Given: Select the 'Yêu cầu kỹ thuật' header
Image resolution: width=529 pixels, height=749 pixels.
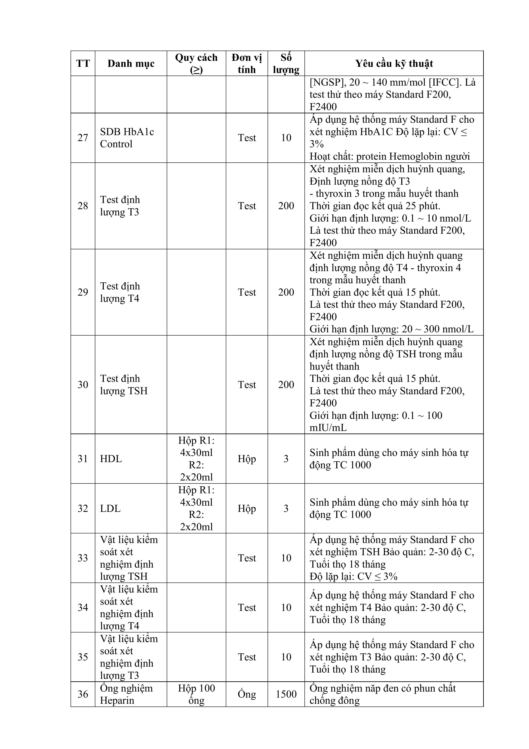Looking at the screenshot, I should (x=394, y=64).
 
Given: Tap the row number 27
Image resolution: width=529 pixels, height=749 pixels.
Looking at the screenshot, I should (x=83, y=138).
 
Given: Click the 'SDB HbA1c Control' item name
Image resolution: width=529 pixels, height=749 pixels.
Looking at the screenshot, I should (x=127, y=138).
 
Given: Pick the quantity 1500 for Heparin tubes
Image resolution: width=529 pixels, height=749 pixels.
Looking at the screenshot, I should (x=286, y=694).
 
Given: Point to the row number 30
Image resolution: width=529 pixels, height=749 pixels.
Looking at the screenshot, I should (x=83, y=385).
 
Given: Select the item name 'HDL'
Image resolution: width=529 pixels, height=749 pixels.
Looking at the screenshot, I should (x=111, y=459).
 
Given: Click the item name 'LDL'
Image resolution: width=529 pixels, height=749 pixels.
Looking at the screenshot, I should (x=110, y=508).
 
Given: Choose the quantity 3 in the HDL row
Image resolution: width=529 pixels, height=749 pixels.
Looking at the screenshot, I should (x=286, y=459).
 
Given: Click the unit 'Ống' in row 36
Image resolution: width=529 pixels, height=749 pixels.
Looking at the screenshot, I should (x=247, y=694).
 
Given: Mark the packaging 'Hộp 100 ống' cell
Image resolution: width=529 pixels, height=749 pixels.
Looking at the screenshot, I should (x=196, y=694).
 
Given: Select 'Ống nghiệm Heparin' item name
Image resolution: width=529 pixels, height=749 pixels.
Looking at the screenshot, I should (x=126, y=694).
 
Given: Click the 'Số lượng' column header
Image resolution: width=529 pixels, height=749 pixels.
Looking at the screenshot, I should (x=286, y=64).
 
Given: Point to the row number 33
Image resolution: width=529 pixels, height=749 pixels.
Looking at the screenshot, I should (x=83, y=558).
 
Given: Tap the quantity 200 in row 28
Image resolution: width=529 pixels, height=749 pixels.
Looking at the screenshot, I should (x=286, y=206).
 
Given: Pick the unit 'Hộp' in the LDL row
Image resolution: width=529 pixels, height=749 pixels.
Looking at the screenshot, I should (x=247, y=508).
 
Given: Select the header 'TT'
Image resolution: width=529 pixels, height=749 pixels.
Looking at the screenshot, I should (x=83, y=64).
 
